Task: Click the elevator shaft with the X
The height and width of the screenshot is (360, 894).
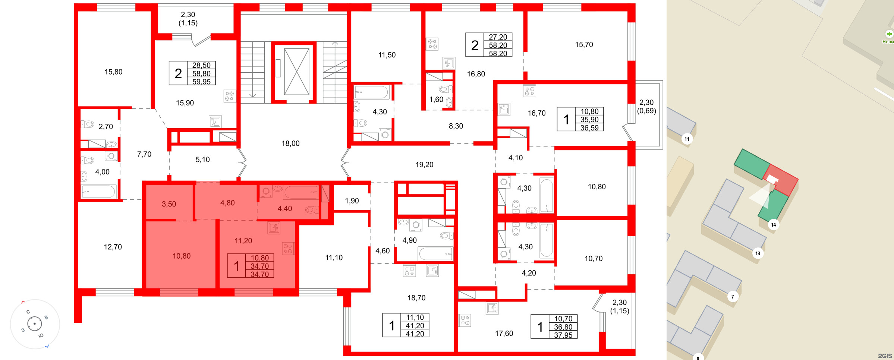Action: coord(296,72)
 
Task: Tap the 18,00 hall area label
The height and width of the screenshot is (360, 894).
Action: coord(290,143)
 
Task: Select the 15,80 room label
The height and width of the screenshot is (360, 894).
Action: coord(113,72)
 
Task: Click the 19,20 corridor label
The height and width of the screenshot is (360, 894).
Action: coord(424,164)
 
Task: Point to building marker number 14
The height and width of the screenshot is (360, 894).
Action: coord(773,225)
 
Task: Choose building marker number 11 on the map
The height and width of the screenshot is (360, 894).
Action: coord(687,139)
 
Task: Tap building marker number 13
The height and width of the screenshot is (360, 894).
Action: coord(758,253)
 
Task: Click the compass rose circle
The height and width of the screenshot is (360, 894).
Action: coord(35,324)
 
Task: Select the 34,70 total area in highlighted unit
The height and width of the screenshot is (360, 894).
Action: coord(259,266)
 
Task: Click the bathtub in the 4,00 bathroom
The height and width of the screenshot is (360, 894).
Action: coord(98,192)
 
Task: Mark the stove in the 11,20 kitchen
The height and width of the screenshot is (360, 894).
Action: coord(288,249)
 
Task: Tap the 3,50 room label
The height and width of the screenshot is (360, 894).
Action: coord(169,204)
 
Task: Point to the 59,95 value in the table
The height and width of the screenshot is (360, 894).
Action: coord(201,82)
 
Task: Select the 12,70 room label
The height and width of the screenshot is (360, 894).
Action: coord(113,247)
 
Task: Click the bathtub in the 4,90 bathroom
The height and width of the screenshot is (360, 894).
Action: coord(435,254)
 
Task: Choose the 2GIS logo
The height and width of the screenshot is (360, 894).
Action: coord(885,356)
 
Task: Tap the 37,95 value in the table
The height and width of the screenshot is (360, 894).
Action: coord(563,335)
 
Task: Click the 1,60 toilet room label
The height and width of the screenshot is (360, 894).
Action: coord(436,100)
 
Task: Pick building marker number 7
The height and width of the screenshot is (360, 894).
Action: coord(732,297)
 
